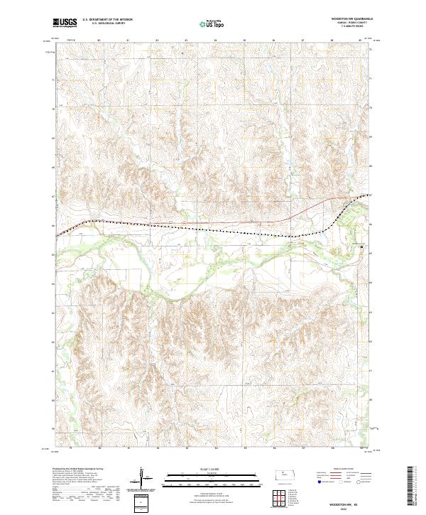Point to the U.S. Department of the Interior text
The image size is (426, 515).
click(107, 20)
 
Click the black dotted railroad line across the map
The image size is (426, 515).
click(213, 230)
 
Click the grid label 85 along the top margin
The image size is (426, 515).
click(245, 41)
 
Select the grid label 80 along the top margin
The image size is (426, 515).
click(99, 41)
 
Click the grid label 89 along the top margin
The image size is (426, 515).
click(361, 41)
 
